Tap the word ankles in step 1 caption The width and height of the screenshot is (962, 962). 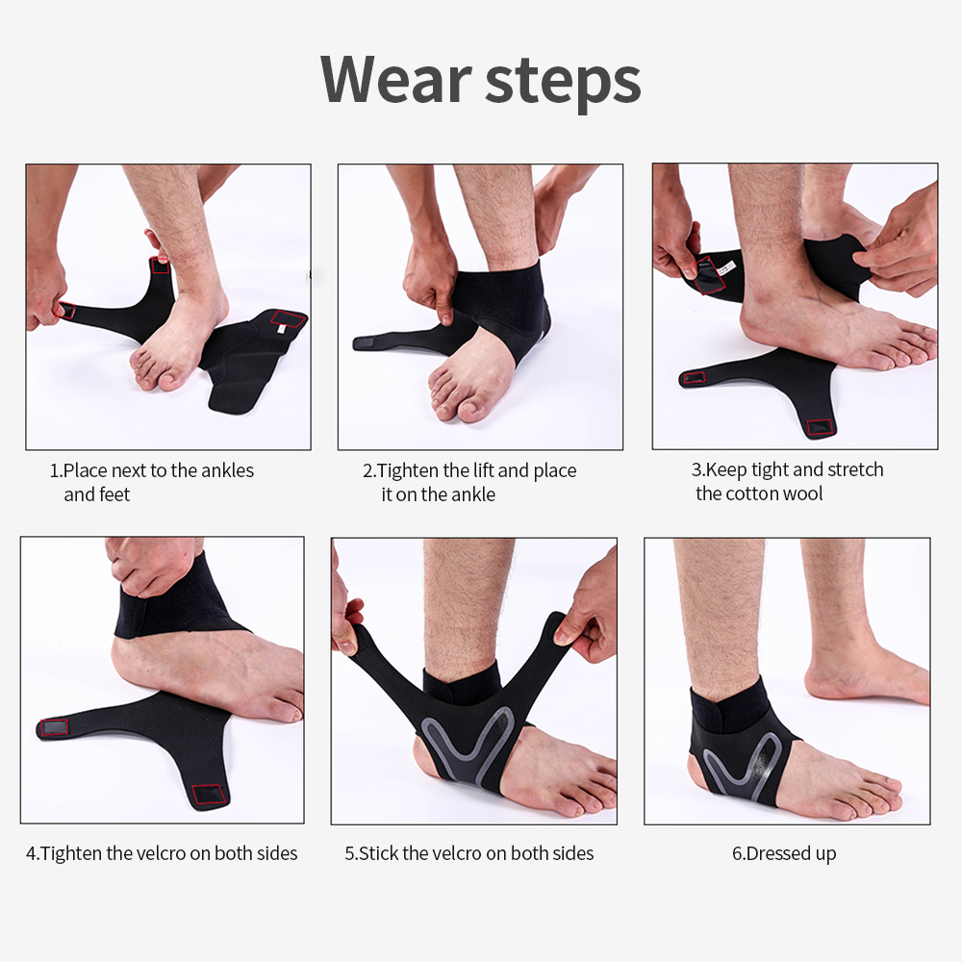tap(226, 470)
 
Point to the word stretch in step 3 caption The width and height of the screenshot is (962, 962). tap(851, 469)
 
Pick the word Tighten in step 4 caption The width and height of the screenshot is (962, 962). tap(71, 852)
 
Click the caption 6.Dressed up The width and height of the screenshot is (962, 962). tap(784, 853)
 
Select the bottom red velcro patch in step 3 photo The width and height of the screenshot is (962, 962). tap(820, 426)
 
